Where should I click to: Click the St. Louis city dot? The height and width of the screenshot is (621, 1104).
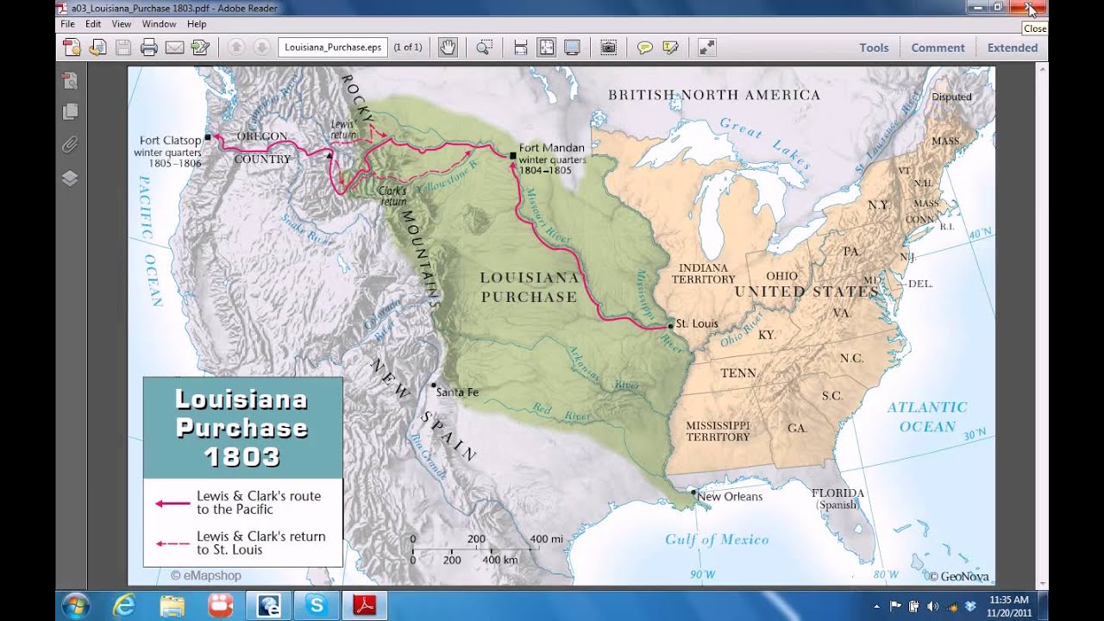670,325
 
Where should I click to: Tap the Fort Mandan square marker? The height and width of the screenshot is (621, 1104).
513,155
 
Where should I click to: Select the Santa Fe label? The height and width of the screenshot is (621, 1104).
457,392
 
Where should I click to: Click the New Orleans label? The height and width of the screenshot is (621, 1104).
730,496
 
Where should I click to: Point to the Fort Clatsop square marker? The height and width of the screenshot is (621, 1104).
208,138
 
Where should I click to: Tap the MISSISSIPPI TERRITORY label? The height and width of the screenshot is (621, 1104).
718,431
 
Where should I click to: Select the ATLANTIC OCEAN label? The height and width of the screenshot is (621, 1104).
927,417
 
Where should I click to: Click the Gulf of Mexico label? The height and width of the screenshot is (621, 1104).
717,540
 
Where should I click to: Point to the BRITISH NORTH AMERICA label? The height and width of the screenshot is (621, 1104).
714,95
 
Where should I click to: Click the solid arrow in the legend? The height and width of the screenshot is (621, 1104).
172,503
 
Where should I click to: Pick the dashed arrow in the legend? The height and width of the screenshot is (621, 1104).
172,543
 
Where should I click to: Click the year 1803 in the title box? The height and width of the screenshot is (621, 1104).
242,456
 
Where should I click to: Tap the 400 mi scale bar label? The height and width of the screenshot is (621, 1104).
546,539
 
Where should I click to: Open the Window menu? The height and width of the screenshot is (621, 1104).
159,24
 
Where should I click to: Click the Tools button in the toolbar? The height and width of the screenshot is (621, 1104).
874,47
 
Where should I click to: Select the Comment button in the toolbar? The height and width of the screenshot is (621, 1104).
938,47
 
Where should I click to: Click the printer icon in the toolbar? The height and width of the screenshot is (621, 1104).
149,47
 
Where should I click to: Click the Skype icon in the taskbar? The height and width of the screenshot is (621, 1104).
317,605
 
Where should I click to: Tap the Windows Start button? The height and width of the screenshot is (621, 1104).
75,605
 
